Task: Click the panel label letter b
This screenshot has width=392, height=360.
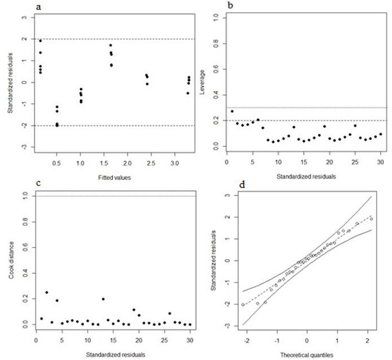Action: pos(232,6)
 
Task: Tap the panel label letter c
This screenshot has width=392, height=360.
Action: pos(37,183)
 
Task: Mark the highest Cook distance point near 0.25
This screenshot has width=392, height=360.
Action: pos(47,293)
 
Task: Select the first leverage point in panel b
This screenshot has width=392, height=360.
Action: pos(232,111)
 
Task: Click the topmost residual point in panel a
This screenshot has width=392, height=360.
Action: pos(40,41)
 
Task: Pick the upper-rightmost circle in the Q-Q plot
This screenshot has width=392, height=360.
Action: pos(371,219)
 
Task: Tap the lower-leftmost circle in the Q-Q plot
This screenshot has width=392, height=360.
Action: pos(243,304)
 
